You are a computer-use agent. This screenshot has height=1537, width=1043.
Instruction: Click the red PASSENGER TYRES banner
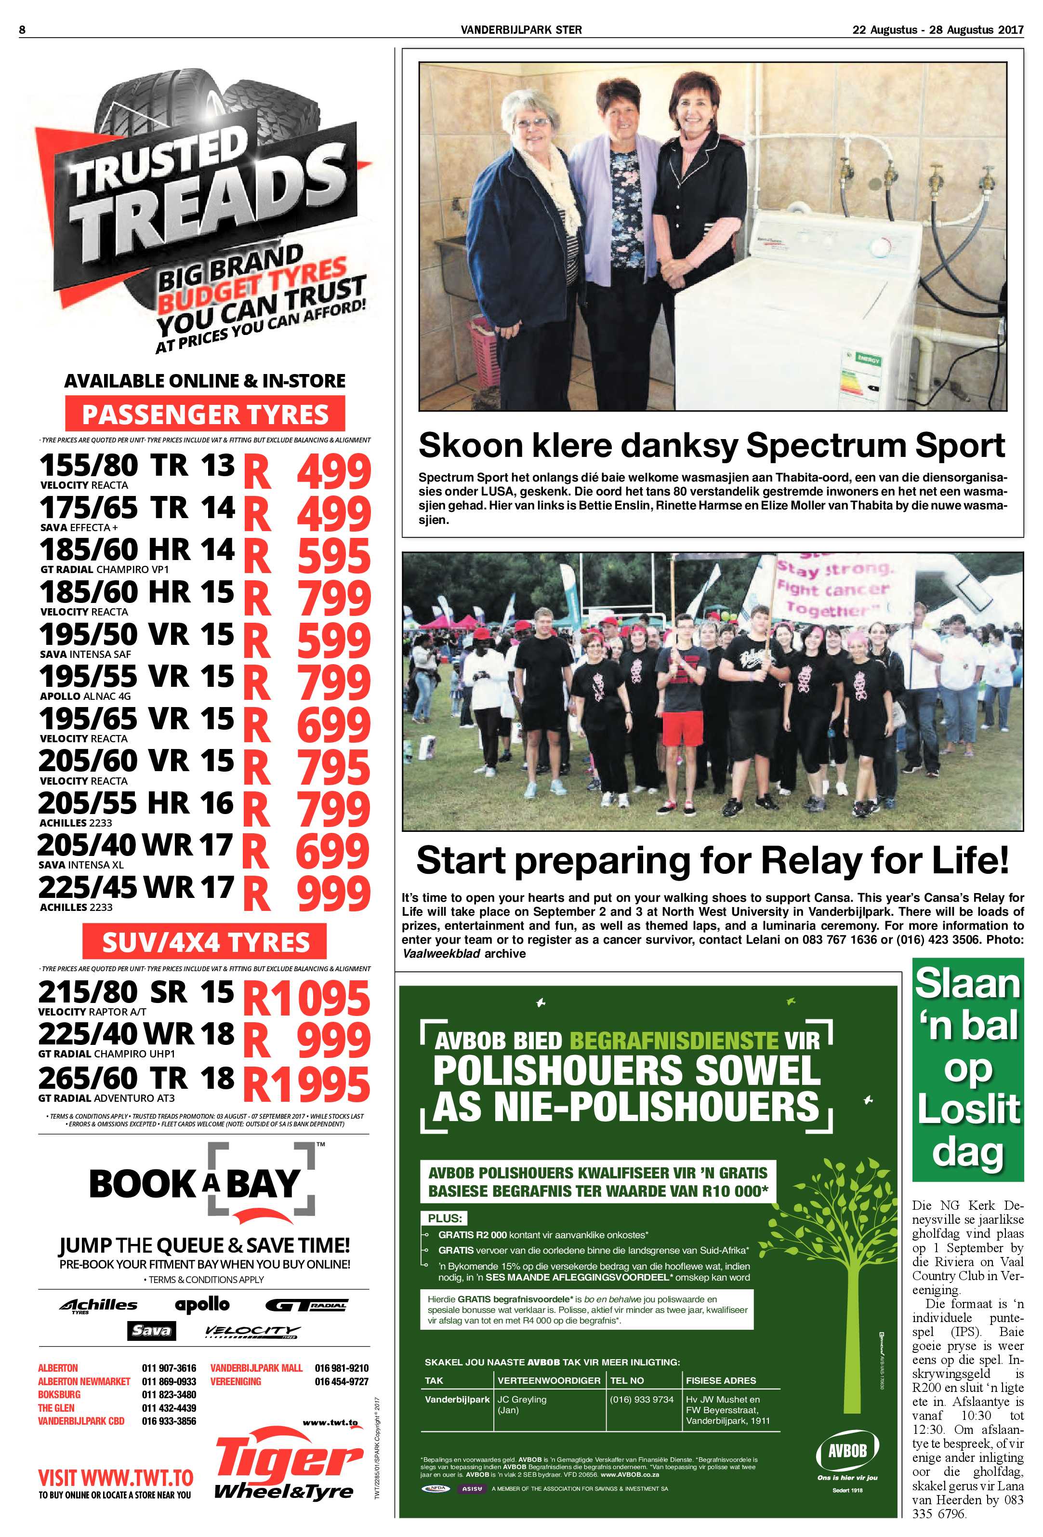click(205, 414)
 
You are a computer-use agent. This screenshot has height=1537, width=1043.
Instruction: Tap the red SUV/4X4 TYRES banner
click(205, 942)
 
